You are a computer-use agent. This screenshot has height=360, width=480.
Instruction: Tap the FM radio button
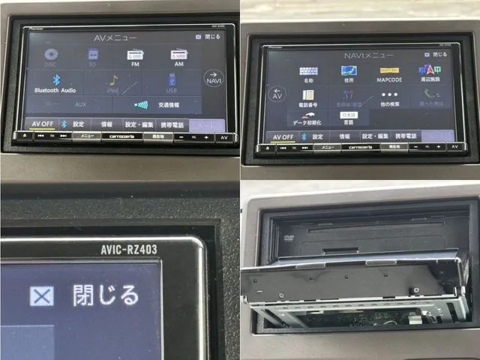pyautogui.click(x=136, y=59)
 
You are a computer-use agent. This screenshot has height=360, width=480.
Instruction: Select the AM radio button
pyautogui.click(x=178, y=59)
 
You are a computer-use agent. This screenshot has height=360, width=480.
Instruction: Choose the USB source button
pyautogui.click(x=172, y=82)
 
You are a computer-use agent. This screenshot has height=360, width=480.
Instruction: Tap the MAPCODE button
pyautogui.click(x=389, y=74)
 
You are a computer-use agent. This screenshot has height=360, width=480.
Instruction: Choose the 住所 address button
pyautogui.click(x=349, y=74)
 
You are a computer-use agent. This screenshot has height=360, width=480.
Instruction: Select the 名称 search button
pyautogui.click(x=308, y=74)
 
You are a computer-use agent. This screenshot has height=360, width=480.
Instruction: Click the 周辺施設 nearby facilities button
pyautogui.click(x=430, y=73)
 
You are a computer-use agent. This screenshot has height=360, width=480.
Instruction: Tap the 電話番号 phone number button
pyautogui.click(x=308, y=98)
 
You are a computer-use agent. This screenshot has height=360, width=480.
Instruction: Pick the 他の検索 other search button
pyautogui.click(x=389, y=98)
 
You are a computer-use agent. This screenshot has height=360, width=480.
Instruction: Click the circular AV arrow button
pyautogui.click(x=275, y=93)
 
